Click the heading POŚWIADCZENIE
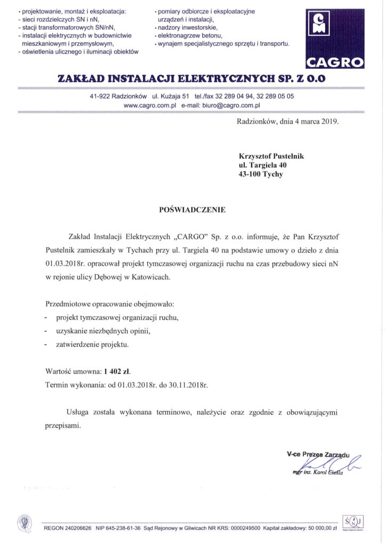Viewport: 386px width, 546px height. point(192,210)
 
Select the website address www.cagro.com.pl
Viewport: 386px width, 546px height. point(149,106)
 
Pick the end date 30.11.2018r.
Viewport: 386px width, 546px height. point(191,384)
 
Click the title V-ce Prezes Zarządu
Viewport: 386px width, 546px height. point(317,455)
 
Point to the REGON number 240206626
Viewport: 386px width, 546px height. point(77,527)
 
